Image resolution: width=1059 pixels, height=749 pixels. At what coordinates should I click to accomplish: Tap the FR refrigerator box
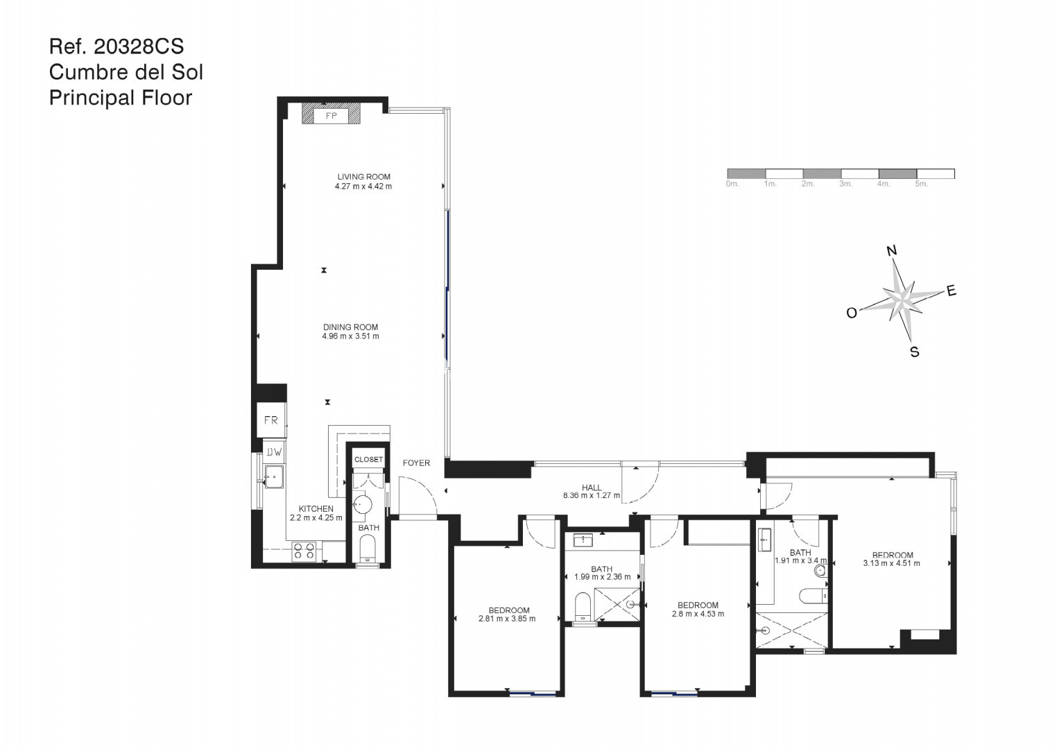tap(271, 420)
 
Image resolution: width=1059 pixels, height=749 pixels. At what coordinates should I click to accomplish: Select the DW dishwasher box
tap(274, 452)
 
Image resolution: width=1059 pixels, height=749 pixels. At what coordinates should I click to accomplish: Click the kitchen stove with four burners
tap(304, 551)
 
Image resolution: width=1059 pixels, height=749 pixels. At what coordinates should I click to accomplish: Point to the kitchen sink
tap(274, 476)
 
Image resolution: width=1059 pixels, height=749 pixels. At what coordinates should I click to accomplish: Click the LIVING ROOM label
tap(363, 177)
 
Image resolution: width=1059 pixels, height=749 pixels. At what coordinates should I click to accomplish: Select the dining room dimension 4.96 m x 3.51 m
tap(350, 336)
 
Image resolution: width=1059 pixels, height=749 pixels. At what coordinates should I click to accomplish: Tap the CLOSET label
tap(369, 459)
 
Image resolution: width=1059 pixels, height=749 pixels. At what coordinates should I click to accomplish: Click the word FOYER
tap(416, 463)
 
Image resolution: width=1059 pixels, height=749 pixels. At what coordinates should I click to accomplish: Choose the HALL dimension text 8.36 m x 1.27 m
tap(592, 496)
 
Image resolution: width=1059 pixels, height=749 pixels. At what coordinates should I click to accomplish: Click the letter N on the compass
tap(892, 250)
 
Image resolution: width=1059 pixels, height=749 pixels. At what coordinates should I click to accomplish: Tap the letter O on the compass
tap(852, 313)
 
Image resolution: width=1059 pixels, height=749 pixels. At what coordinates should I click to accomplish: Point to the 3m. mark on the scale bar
tap(846, 184)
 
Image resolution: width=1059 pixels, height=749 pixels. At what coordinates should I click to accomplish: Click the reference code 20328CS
tap(139, 46)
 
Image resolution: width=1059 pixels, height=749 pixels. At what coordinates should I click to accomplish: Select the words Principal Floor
tap(121, 98)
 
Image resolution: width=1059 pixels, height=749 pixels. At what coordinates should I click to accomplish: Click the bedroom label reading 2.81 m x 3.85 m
tap(507, 619)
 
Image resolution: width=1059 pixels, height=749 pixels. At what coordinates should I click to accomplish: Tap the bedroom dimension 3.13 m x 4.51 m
tap(892, 563)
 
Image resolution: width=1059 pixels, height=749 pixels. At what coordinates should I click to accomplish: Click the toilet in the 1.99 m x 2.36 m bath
tap(583, 606)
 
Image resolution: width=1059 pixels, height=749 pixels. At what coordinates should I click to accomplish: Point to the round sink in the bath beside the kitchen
tap(363, 505)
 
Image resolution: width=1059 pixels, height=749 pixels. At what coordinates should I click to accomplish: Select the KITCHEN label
tap(316, 509)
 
